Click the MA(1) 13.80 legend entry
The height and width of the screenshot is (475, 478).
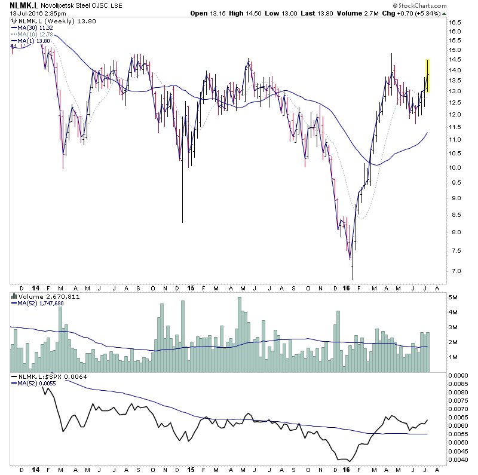(x=32, y=40)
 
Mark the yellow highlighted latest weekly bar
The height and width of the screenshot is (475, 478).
(x=428, y=75)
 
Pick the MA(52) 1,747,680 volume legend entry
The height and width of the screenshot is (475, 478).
(x=39, y=303)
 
